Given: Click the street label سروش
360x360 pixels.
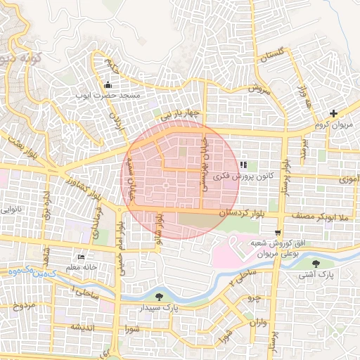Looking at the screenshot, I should [x=259, y=90].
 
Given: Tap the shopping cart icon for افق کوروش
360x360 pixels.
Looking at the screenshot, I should [x=278, y=233].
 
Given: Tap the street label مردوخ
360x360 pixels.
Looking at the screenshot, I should [x=23, y=306].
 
